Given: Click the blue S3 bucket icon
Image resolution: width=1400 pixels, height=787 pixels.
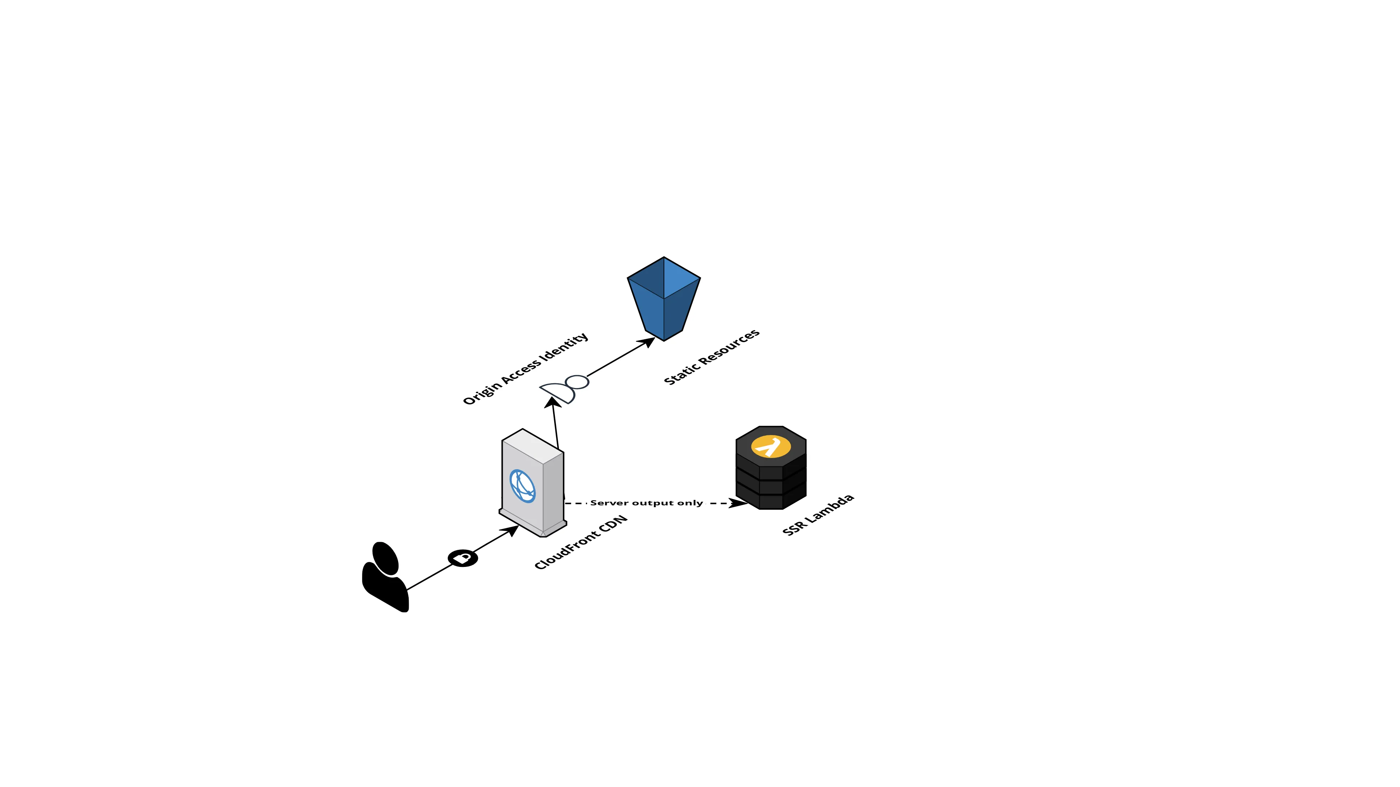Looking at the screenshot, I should pos(664,299).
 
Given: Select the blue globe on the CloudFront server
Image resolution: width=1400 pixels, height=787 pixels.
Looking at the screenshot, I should pos(522,486).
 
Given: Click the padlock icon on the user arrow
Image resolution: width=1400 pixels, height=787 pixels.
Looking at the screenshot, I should pos(463,558).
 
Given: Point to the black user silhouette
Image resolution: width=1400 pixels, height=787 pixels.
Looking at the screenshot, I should pos(385,579).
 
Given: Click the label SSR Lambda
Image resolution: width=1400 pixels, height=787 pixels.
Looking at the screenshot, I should pos(818,515).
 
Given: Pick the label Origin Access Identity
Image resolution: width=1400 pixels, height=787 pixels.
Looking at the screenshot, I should pos(525,369).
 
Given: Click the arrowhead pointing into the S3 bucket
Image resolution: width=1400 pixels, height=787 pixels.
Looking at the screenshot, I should pos(648,342).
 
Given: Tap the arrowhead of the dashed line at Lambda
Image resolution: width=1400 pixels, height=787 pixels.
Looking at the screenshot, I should pos(739,503).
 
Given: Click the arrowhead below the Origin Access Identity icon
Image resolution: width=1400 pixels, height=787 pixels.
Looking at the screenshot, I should pos(553,402).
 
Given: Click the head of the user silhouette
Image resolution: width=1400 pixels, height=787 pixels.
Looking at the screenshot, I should pos(386,558).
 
